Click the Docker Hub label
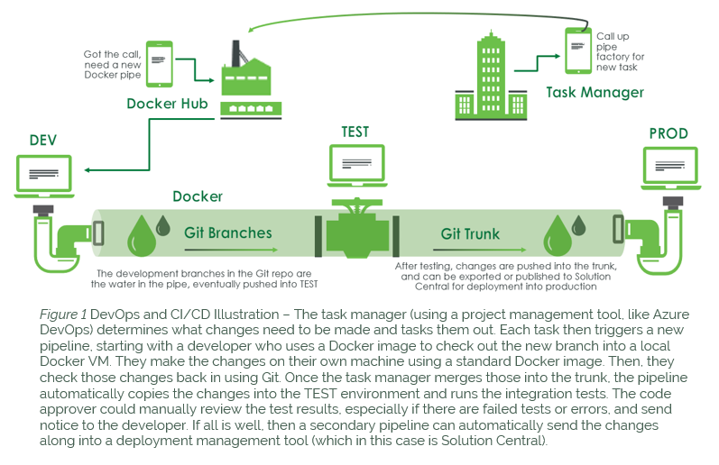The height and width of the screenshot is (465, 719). tap(167, 104)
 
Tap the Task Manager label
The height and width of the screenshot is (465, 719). tap(595, 92)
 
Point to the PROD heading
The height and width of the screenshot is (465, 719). tap(668, 133)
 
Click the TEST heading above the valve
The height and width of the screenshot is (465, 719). tap(355, 132)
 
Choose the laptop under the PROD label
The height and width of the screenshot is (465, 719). tap(668, 169)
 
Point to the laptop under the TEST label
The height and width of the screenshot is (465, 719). tap(355, 166)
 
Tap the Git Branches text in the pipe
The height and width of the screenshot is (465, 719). tap(227, 232)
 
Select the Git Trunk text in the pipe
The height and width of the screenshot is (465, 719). tap(470, 233)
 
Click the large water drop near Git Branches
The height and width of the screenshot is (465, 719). tap(142, 237)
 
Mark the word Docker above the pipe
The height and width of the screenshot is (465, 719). tap(198, 196)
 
